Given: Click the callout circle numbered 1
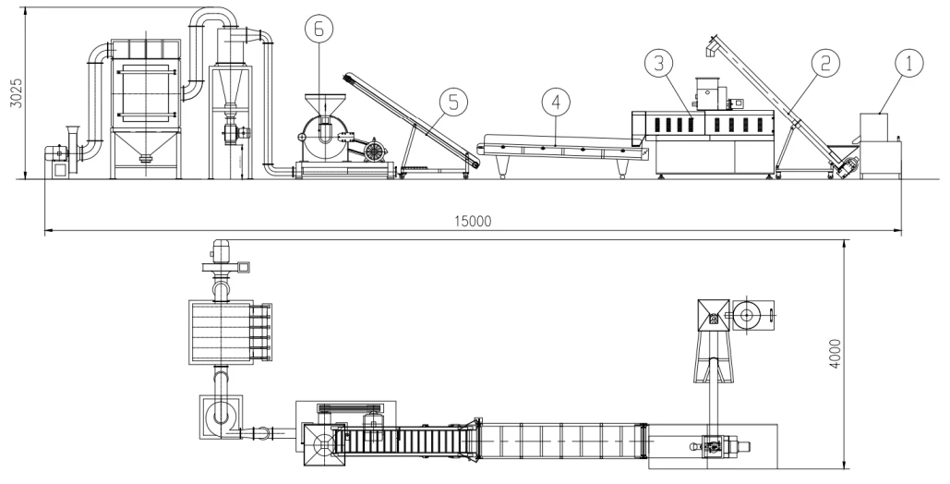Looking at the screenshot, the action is (908, 64).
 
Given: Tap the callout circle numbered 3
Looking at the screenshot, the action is (659, 63).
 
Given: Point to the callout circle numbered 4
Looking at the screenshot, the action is (556, 102).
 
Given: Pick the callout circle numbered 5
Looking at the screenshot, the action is (454, 102).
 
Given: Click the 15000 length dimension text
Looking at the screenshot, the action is (474, 222).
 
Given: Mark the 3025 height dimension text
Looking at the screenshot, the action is (18, 92).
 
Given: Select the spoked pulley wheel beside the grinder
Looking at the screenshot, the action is (375, 150).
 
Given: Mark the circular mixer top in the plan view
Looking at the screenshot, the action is (746, 315).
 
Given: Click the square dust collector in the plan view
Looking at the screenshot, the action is (222, 333).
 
